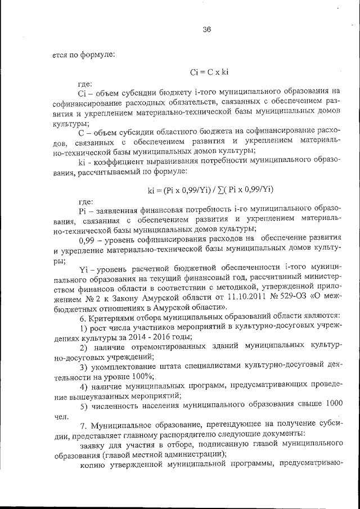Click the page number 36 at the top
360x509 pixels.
pos(206,30)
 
